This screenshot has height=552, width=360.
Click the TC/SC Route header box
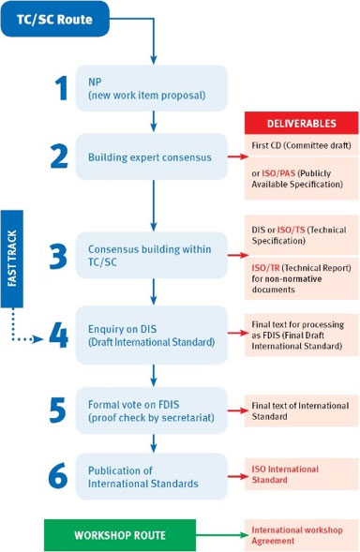[x=55, y=19]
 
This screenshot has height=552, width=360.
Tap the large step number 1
[x=62, y=89]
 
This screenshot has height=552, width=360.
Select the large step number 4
[x=58, y=336]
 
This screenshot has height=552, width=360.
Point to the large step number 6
[x=58, y=475]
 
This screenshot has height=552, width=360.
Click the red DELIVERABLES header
[x=302, y=123]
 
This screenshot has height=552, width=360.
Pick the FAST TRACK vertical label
[x=12, y=259]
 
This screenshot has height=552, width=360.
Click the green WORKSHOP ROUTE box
[x=120, y=535]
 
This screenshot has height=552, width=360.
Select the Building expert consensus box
[x=152, y=157]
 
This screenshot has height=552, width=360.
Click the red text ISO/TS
[x=291, y=230]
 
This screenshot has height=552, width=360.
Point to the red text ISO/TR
[x=265, y=268]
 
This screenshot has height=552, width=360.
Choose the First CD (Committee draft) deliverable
[x=301, y=145]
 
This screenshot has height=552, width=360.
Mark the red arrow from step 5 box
[x=238, y=410]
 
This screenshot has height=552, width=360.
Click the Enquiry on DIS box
[x=152, y=335]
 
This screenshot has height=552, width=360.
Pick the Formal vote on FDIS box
[x=152, y=410]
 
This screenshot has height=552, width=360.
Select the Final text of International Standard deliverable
[x=301, y=410]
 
